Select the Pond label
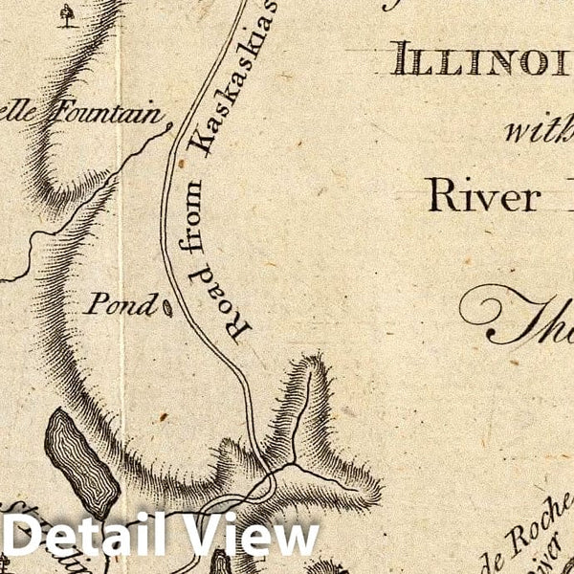(x=121, y=305)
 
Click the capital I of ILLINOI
(x=401, y=64)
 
